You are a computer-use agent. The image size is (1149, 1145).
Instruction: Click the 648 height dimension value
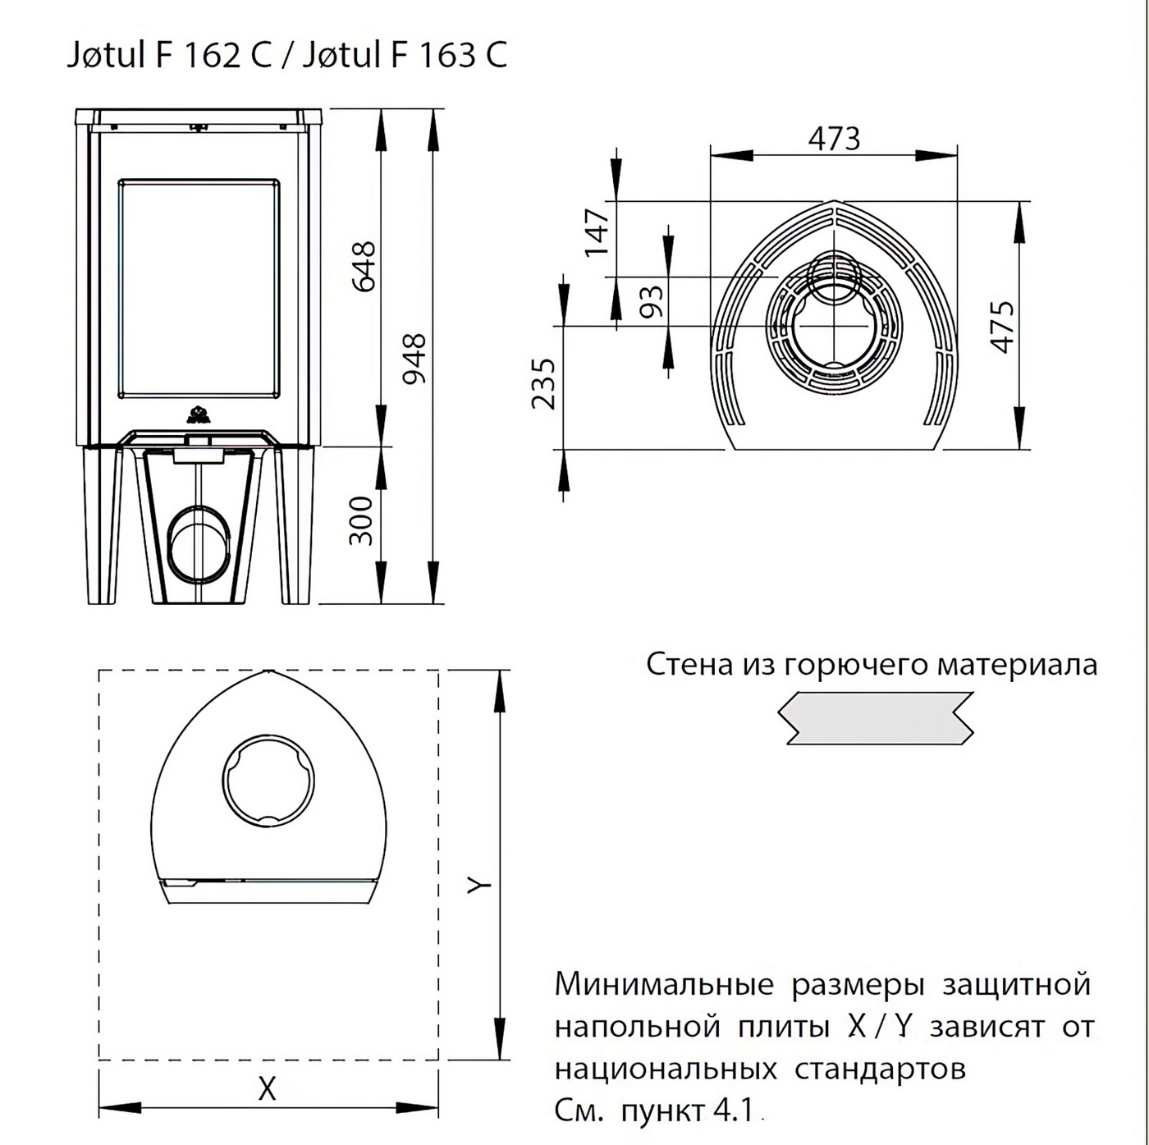click(364, 266)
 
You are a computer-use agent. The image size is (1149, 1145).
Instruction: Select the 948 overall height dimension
click(414, 359)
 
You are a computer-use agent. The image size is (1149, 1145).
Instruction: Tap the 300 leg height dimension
click(361, 520)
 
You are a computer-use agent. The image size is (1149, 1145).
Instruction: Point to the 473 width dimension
click(834, 139)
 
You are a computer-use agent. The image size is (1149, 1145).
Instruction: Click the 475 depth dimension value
click(1002, 327)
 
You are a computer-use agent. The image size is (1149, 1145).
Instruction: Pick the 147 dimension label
click(597, 232)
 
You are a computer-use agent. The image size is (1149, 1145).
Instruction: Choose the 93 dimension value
click(651, 302)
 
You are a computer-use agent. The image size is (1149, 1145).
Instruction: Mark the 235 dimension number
click(543, 383)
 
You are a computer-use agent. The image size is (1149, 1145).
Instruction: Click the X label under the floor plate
click(267, 1089)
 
